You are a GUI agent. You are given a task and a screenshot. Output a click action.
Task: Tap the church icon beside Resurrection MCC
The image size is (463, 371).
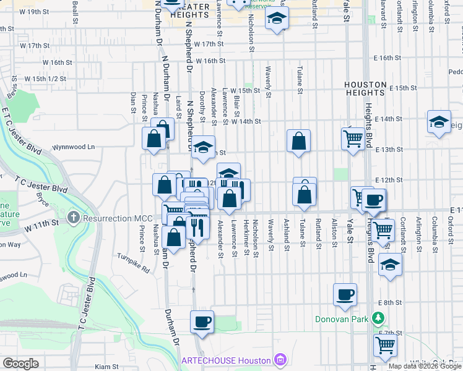coord(74,218)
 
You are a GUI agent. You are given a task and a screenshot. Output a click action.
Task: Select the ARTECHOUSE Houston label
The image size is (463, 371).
coord(226,360)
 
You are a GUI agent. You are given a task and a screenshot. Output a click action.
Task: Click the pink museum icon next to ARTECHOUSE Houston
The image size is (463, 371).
coord(279,360)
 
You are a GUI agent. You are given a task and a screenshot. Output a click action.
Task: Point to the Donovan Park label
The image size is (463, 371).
coord(342,319)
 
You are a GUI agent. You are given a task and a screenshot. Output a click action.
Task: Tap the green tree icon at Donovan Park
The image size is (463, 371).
coord(378,318)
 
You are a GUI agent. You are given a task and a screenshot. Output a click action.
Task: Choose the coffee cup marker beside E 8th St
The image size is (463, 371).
coord(345,294)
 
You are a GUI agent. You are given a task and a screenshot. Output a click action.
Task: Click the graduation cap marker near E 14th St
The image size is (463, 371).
coord(439,121)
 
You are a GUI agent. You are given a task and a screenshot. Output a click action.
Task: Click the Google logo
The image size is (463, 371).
coord(20,364)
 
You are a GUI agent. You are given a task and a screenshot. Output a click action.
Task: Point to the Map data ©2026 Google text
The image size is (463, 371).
coord(425,366)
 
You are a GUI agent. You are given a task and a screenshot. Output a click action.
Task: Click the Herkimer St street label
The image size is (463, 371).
coord(246,238)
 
